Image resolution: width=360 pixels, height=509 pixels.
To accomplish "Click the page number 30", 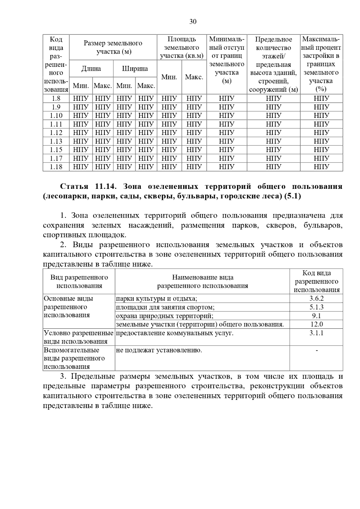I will (x=193, y=22).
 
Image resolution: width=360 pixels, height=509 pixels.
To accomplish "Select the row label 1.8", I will (x=56, y=98).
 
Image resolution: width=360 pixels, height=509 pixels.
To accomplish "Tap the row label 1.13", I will (x=56, y=141).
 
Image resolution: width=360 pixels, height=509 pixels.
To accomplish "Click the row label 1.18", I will (x=56, y=167).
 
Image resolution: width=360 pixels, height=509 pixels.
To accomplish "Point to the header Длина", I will (x=91, y=69).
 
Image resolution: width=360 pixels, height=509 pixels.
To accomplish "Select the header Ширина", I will (x=135, y=69).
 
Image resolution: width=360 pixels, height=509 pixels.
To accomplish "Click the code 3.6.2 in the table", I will (x=316, y=299).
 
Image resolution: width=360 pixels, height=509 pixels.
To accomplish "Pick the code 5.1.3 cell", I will (x=316, y=307).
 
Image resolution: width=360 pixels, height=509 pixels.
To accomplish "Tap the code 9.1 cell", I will (x=316, y=316).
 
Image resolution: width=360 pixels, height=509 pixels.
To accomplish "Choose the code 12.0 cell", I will (x=316, y=324).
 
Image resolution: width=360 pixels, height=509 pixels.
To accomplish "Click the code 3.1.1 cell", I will (x=316, y=333).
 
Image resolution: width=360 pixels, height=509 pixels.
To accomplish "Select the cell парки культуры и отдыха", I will (x=157, y=299).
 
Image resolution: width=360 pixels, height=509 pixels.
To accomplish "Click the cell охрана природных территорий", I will (x=165, y=316).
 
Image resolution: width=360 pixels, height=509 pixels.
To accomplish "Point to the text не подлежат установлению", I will (x=159, y=350).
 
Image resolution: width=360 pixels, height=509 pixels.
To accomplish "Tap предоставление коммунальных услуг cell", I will (x=175, y=333).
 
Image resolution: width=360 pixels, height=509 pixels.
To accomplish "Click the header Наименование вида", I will (x=203, y=277).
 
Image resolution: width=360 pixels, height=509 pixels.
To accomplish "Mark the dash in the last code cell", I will (x=316, y=350).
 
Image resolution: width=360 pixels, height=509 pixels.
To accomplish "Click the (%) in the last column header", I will (x=321, y=89).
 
